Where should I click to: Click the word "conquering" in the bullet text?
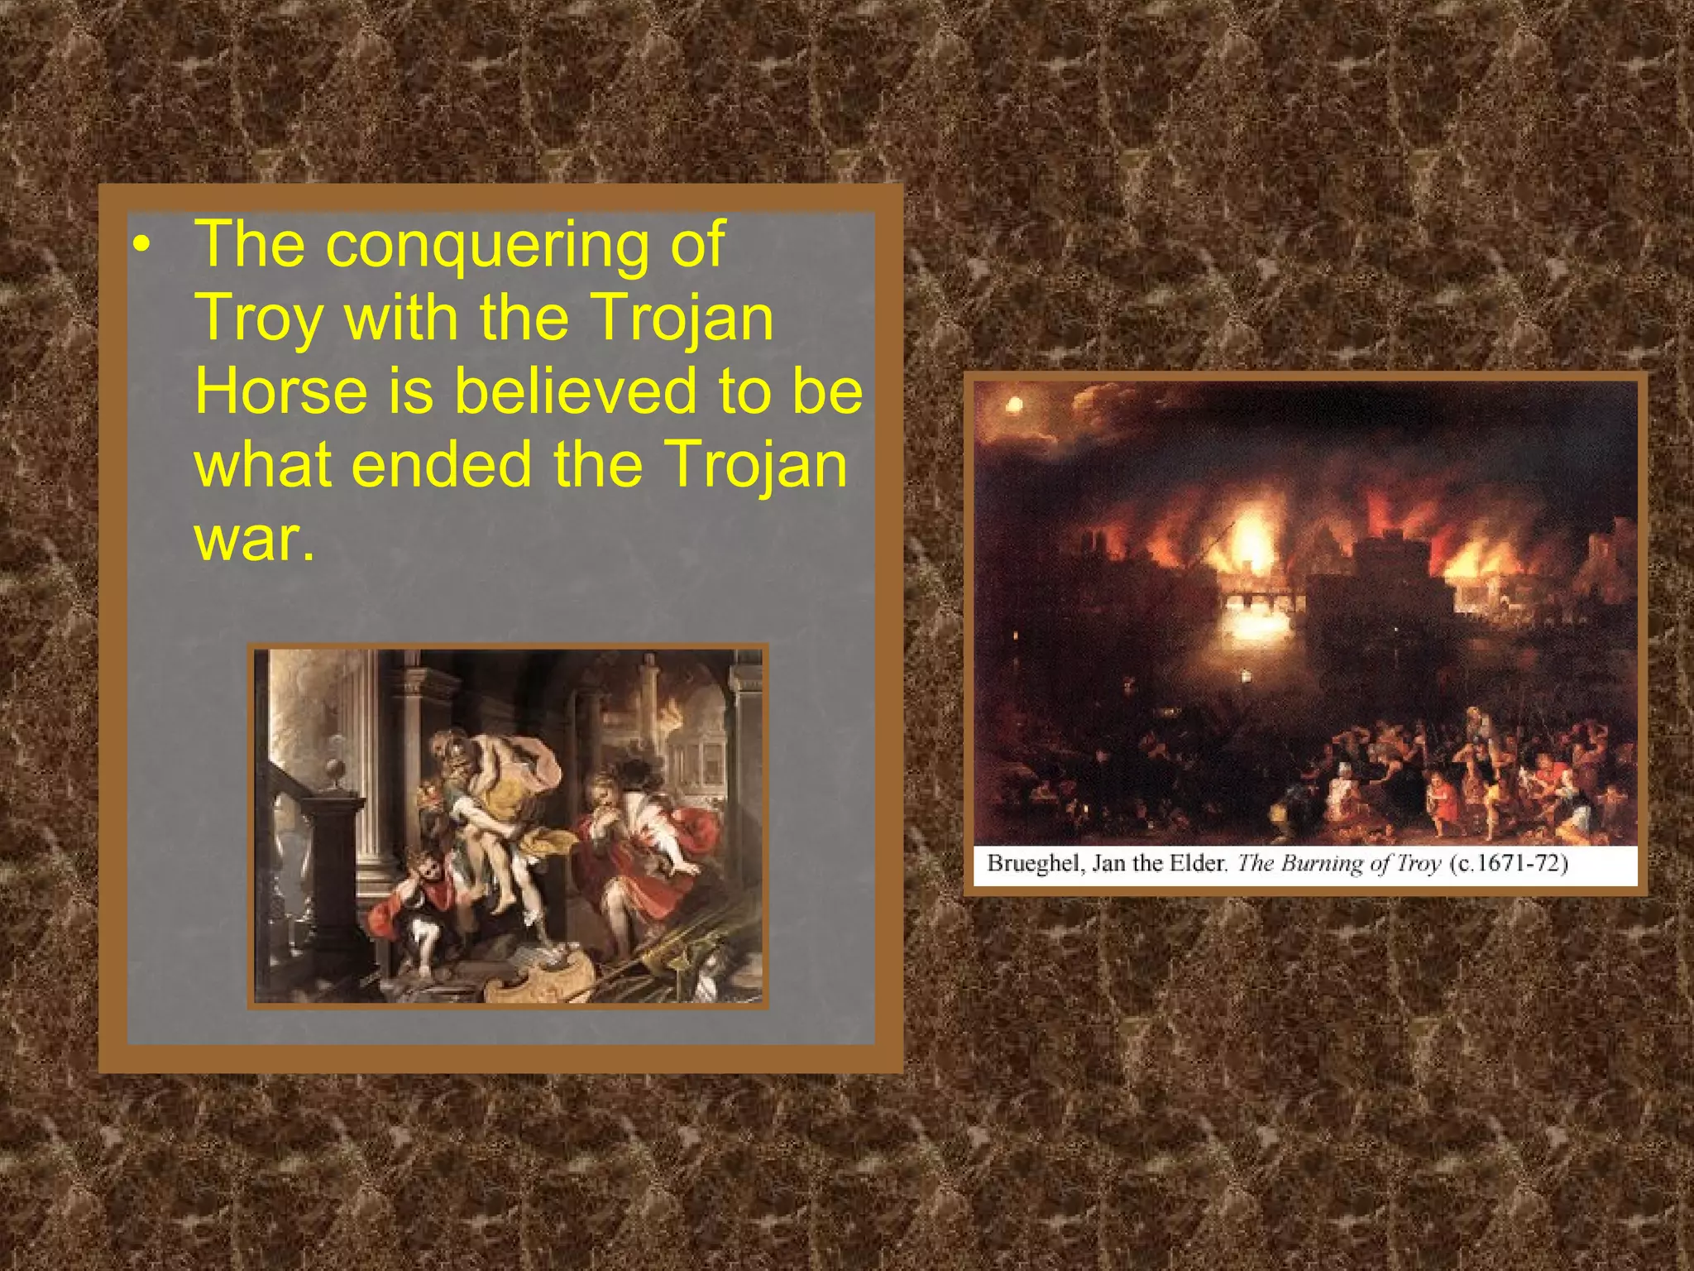(x=487, y=244)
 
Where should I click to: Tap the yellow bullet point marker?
(x=142, y=245)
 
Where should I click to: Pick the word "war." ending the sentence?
(x=254, y=539)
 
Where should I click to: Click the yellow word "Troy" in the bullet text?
(x=258, y=319)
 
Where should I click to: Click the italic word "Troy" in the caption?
(x=1419, y=864)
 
